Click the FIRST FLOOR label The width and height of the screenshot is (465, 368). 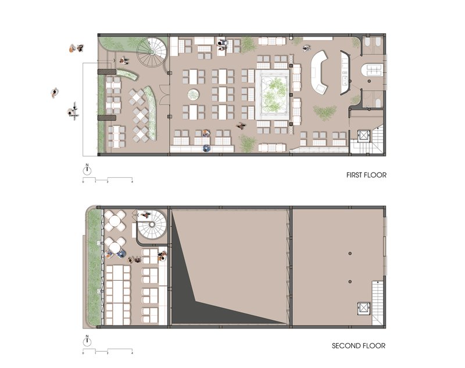click(366, 175)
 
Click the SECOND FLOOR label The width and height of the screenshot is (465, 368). click(359, 346)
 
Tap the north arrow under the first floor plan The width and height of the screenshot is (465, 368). click(87, 170)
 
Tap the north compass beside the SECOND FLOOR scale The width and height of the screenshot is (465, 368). click(87, 342)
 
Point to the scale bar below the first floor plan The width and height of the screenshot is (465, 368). click(108, 180)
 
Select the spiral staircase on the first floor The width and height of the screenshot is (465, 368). click(152, 52)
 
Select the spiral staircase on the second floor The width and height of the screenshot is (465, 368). click(152, 225)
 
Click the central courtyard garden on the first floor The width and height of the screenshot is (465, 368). click(273, 95)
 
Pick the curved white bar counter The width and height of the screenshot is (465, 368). click(319, 73)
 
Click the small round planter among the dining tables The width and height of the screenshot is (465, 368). click(193, 95)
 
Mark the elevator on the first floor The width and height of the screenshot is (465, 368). click(364, 136)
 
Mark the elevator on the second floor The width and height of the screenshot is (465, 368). click(364, 308)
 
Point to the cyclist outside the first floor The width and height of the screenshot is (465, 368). click(73, 111)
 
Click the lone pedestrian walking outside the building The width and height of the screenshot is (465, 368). click(54, 93)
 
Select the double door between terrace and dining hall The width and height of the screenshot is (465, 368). click(164, 95)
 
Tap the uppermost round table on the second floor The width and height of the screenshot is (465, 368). click(114, 221)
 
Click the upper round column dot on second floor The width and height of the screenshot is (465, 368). click(350, 253)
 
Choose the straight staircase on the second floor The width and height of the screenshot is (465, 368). click(377, 303)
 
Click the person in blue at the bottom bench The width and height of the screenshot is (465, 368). click(206, 148)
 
